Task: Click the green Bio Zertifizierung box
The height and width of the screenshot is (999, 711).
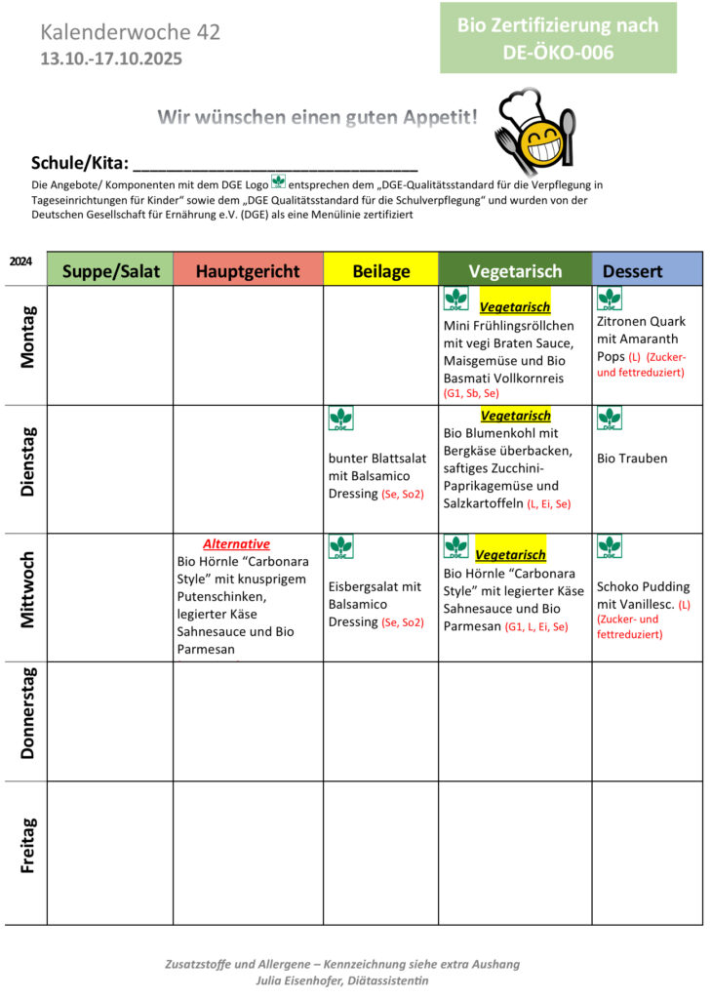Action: click(x=558, y=38)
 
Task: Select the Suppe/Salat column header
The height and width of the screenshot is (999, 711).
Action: click(x=109, y=270)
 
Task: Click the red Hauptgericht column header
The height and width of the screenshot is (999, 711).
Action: click(x=248, y=270)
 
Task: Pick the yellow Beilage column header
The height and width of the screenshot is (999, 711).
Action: click(x=380, y=270)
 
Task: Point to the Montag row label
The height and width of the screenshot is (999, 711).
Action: click(x=27, y=337)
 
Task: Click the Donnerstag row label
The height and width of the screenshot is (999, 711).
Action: click(x=27, y=712)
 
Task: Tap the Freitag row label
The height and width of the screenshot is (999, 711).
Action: click(x=27, y=845)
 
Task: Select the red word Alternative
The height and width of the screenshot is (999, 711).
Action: click(x=236, y=544)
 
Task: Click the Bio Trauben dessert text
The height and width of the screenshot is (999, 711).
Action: click(x=632, y=459)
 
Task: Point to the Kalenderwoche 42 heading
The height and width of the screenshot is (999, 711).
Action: click(x=131, y=32)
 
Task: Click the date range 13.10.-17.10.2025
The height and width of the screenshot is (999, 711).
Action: click(x=111, y=59)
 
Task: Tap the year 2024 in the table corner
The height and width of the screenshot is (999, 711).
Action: click(x=20, y=261)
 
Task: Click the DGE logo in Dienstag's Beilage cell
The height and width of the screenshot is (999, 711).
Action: click(x=341, y=419)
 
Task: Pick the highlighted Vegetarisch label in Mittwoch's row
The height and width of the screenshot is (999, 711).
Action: click(x=510, y=554)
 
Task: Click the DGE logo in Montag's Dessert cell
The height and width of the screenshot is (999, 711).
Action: click(x=610, y=299)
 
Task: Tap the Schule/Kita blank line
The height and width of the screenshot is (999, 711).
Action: click(x=275, y=164)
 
